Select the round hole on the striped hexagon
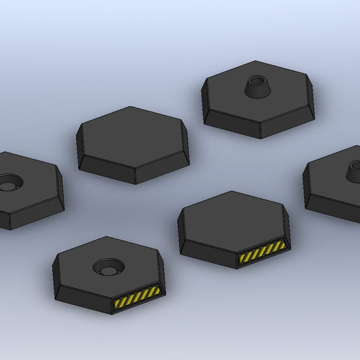coord(108,267)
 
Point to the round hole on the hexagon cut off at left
coord(9,183)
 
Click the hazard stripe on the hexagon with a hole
coord(137,300)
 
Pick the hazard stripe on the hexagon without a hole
coord(262,254)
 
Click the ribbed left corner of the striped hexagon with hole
coord(56,279)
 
